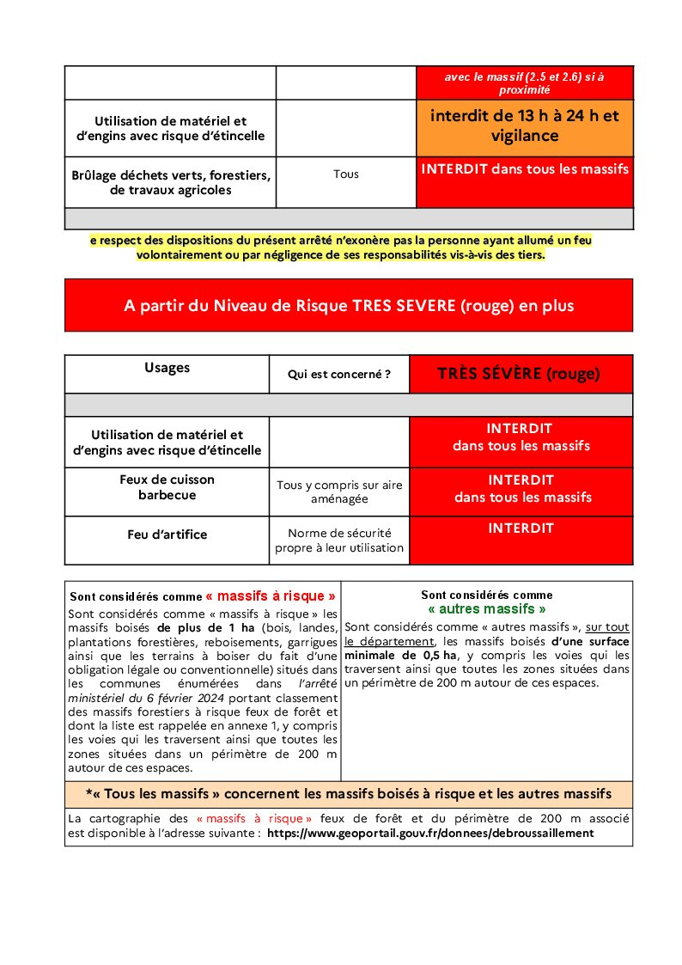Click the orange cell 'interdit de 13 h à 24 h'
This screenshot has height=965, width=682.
pyautogui.click(x=524, y=125)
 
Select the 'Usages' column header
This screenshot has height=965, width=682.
pyautogui.click(x=167, y=368)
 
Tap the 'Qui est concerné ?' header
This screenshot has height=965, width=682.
pyautogui.click(x=339, y=375)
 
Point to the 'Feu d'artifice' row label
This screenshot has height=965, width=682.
pyautogui.click(x=167, y=534)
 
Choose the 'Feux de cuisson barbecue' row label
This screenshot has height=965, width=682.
pyautogui.click(x=167, y=487)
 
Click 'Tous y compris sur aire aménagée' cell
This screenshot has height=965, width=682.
pyautogui.click(x=339, y=492)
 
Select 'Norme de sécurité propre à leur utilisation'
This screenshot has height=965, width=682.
pyautogui.click(x=339, y=540)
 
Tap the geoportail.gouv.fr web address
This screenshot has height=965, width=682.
pyautogui.click(x=430, y=834)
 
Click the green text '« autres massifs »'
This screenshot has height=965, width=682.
pyautogui.click(x=487, y=609)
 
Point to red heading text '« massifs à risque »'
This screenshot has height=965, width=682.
pyautogui.click(x=271, y=595)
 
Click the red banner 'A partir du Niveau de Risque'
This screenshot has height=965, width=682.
pyautogui.click(x=348, y=306)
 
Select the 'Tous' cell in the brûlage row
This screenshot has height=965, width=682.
pyautogui.click(x=346, y=174)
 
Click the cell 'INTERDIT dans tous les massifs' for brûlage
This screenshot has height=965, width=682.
pyautogui.click(x=524, y=169)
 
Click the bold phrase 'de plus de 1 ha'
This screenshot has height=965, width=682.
pyautogui.click(x=201, y=627)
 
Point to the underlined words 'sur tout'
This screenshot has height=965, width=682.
pyautogui.click(x=607, y=627)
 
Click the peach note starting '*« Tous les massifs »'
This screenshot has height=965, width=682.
pyautogui.click(x=348, y=793)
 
